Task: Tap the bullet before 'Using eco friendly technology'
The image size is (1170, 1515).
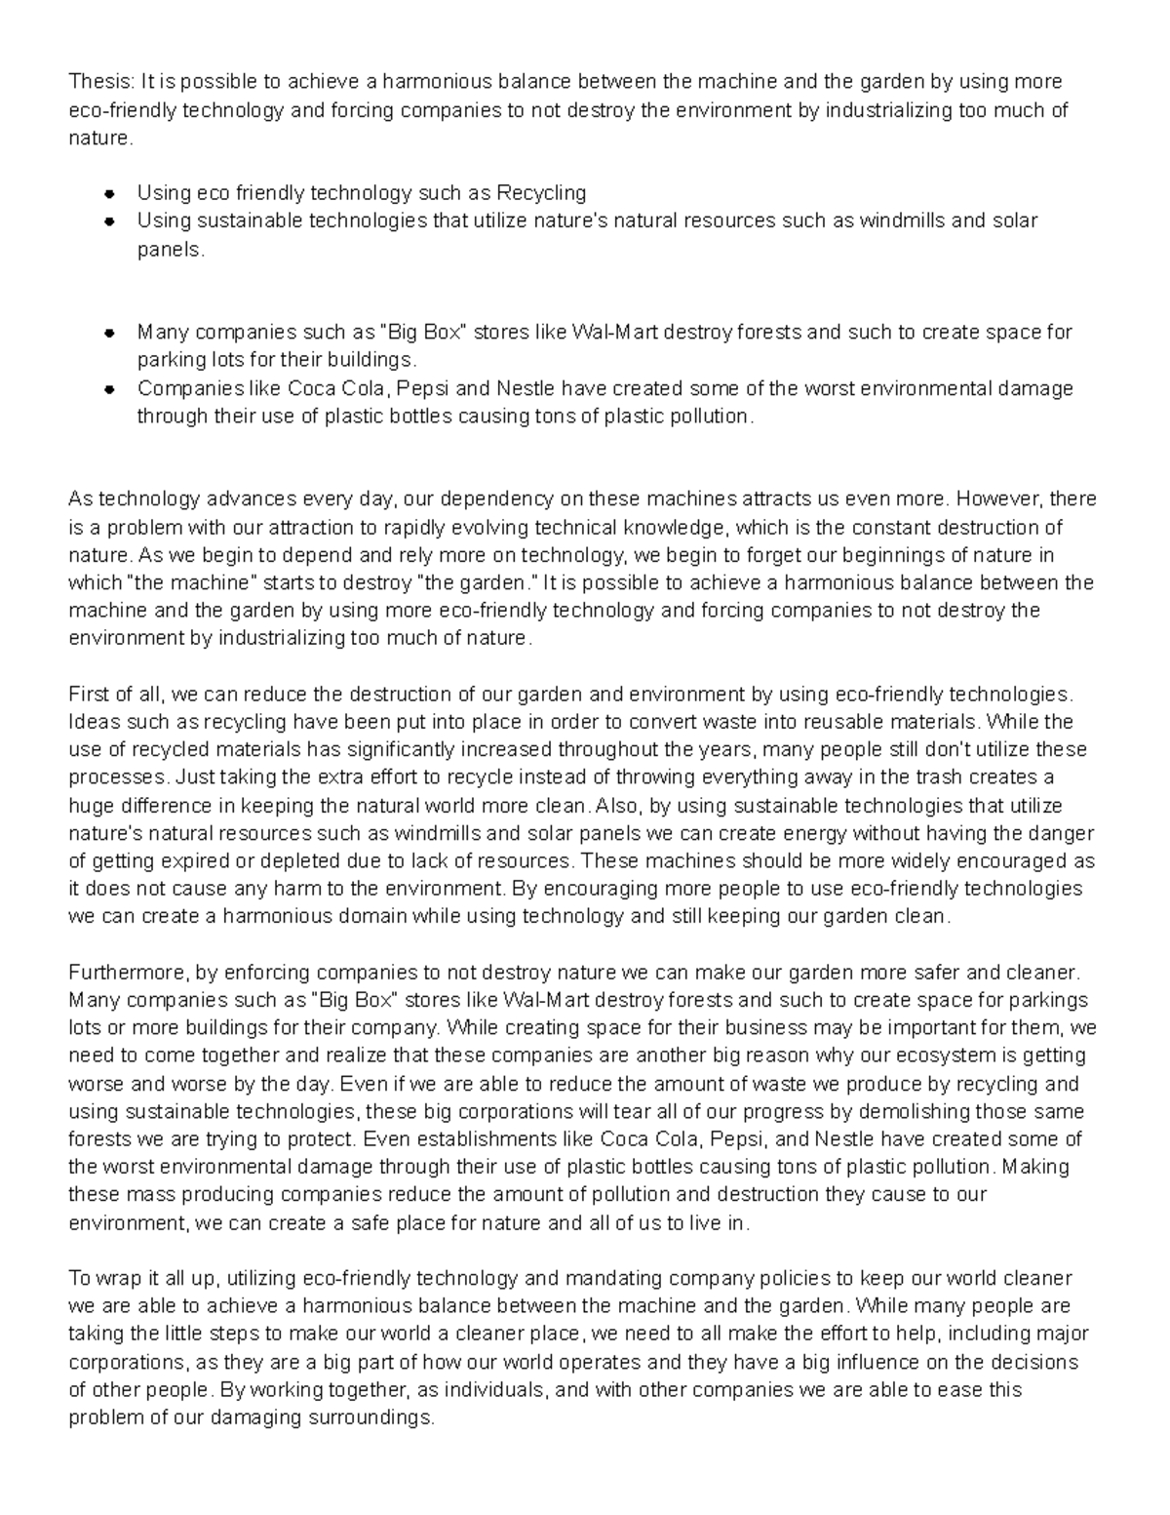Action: click(x=110, y=193)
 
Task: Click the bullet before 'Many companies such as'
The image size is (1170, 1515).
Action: click(x=110, y=333)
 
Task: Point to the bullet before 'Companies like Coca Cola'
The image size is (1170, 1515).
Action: click(x=110, y=388)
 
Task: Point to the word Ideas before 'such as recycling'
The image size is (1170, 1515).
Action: click(x=92, y=723)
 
